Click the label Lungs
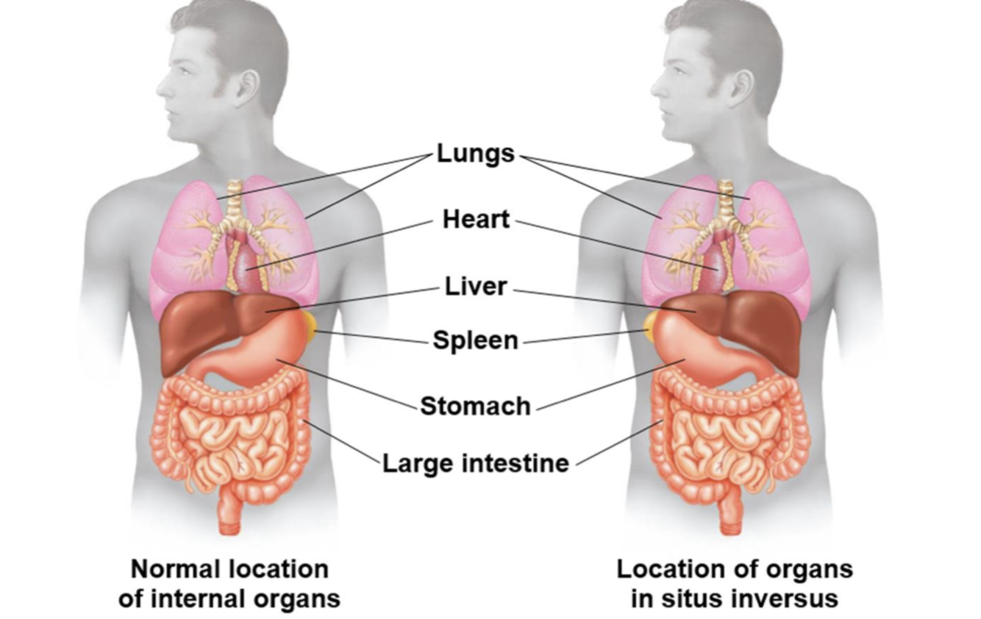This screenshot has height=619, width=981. click(x=476, y=154)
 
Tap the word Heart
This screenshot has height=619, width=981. click(x=476, y=219)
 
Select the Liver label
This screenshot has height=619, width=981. click(x=476, y=286)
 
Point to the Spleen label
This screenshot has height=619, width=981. click(x=475, y=340)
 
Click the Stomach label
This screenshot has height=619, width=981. click(x=475, y=406)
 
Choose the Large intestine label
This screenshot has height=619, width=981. click(x=475, y=463)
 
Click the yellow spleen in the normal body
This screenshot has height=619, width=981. click(x=308, y=325)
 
